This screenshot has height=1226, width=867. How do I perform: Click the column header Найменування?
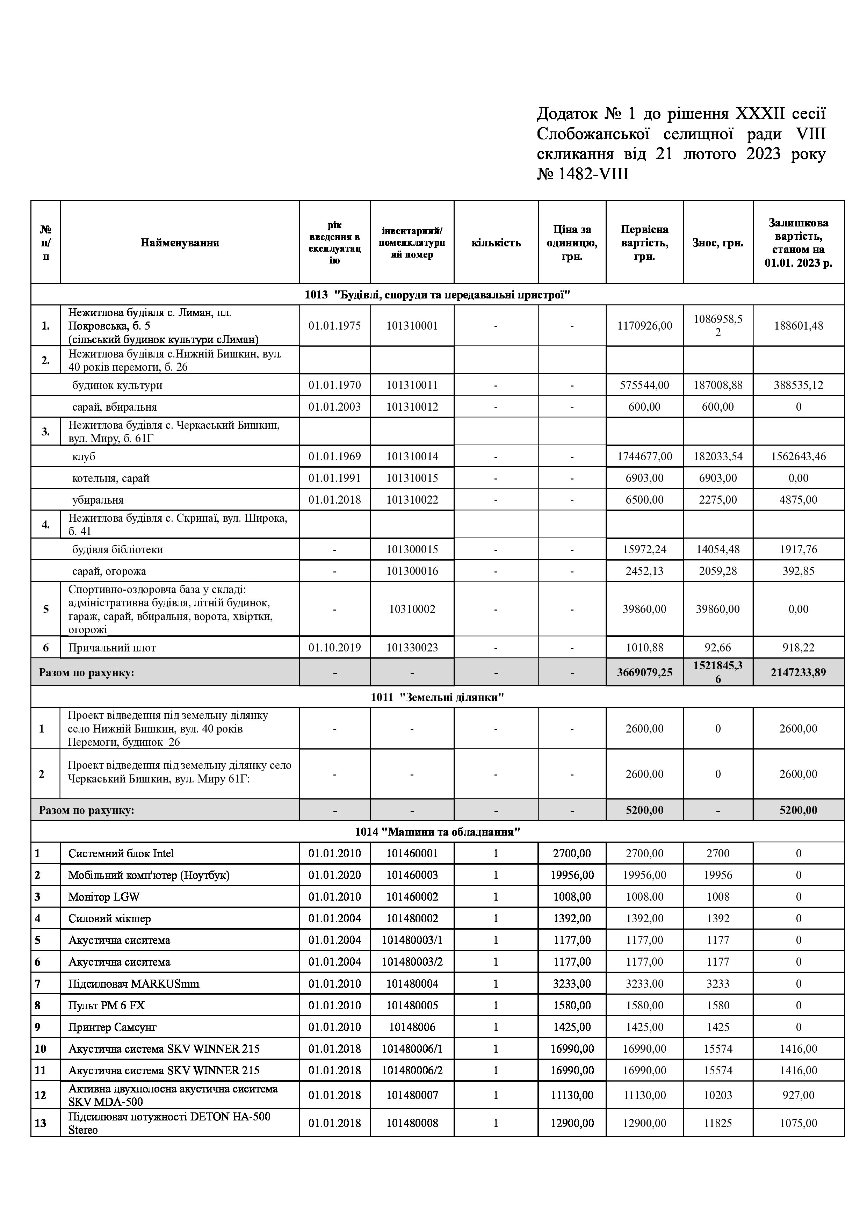point(180,243)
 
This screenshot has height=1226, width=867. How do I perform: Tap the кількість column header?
point(496,243)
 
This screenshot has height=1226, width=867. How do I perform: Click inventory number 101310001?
point(412,326)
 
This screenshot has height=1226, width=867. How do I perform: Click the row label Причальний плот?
point(112,648)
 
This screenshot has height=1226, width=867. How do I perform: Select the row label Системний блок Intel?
point(121,853)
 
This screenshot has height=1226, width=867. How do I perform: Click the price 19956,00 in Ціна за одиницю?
point(572,875)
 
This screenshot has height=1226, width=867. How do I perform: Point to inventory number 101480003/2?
point(412,962)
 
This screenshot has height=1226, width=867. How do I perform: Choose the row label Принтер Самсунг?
point(112,1027)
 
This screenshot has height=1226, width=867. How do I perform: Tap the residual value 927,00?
point(798,1095)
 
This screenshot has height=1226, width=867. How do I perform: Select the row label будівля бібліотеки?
point(117,549)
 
